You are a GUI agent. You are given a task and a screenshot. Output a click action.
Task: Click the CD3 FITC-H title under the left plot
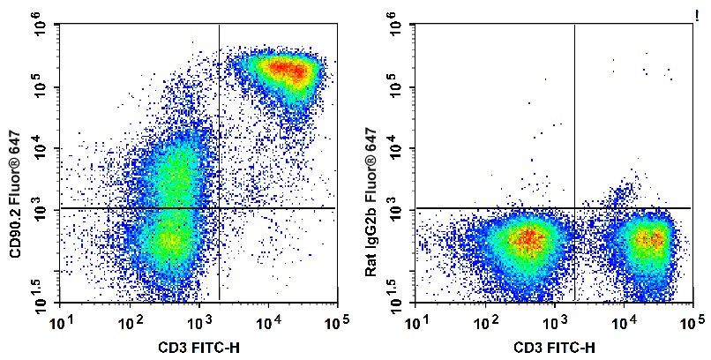click(x=198, y=348)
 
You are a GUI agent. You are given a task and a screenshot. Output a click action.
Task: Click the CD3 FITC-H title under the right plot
click(x=554, y=348)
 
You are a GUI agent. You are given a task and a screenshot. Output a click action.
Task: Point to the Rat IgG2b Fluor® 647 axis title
click(x=370, y=202)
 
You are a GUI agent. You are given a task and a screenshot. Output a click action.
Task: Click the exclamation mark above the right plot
click(x=697, y=18)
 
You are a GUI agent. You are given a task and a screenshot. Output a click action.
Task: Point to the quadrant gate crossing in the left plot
click(x=219, y=208)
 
